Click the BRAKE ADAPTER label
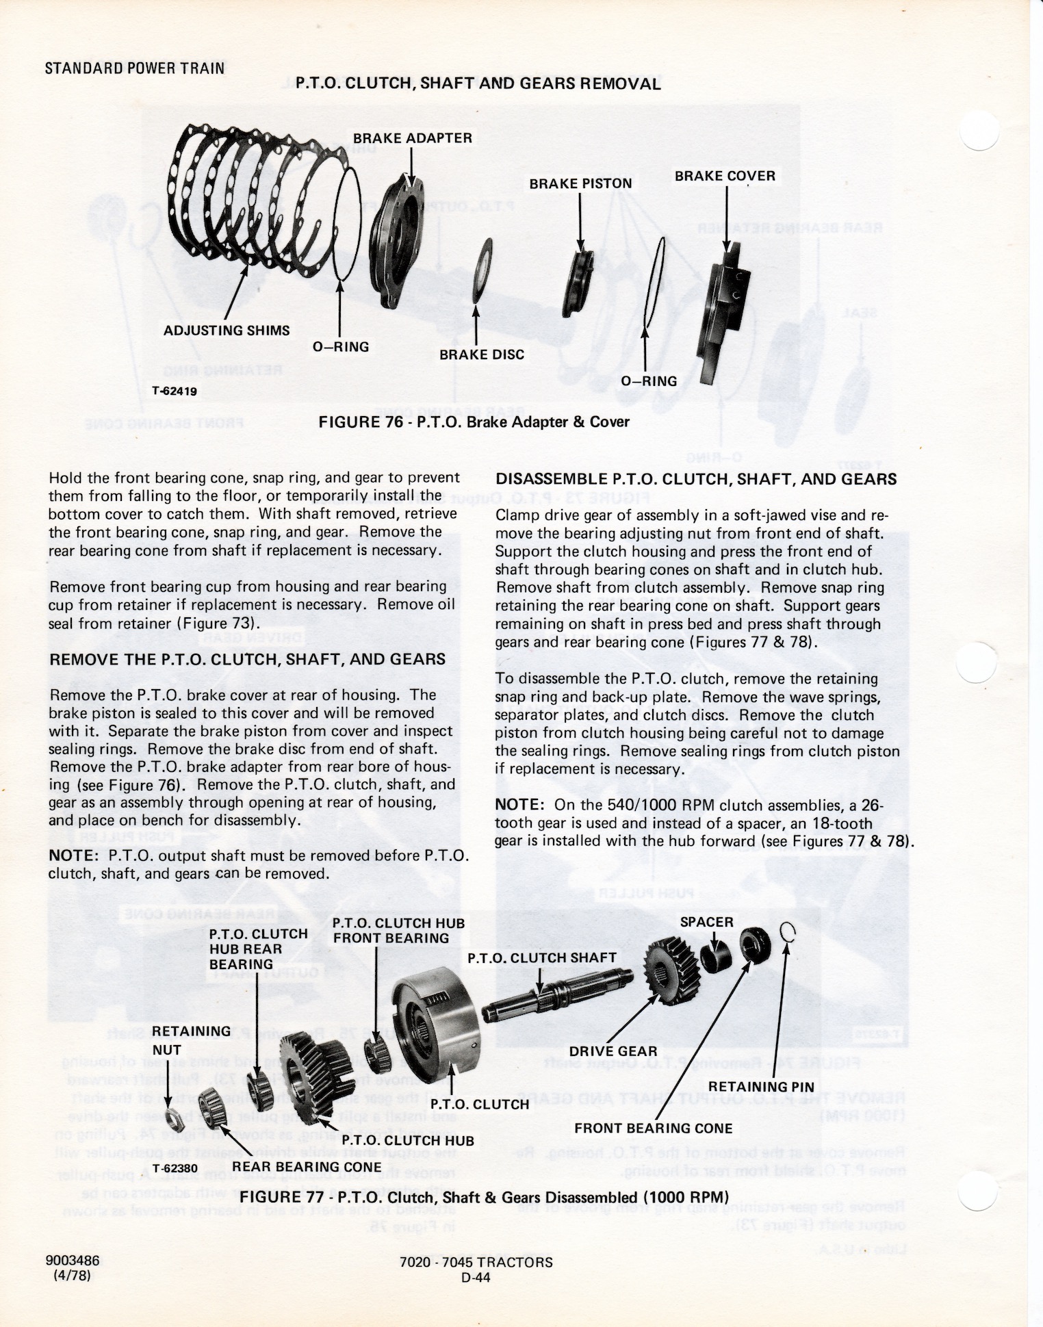412,138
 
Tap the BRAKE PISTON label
580,183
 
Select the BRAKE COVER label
725,176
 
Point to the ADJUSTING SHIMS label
227,331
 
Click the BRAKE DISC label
482,355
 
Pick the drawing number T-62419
180,392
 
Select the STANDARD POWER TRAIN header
134,68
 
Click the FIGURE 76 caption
474,422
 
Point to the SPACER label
706,922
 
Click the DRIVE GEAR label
613,1051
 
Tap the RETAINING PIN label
761,1086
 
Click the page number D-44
476,1276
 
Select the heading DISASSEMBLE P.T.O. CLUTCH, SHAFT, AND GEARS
695,479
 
